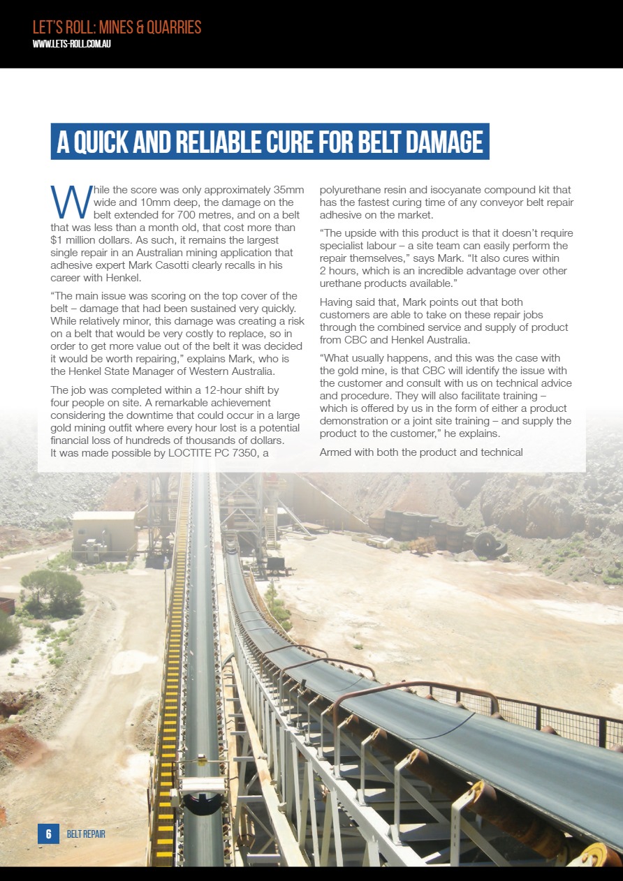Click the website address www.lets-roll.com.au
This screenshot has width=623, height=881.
pyautogui.click(x=73, y=43)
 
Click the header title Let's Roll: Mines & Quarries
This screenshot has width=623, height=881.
pyautogui.click(x=117, y=27)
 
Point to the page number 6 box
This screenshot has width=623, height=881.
pyautogui.click(x=48, y=834)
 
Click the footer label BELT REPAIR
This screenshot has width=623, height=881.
pyautogui.click(x=86, y=834)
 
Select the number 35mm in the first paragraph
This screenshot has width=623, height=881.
pyautogui.click(x=288, y=190)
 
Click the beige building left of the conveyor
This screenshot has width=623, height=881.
pyautogui.click(x=103, y=534)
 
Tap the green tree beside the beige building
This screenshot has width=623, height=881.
pyautogui.click(x=52, y=591)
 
